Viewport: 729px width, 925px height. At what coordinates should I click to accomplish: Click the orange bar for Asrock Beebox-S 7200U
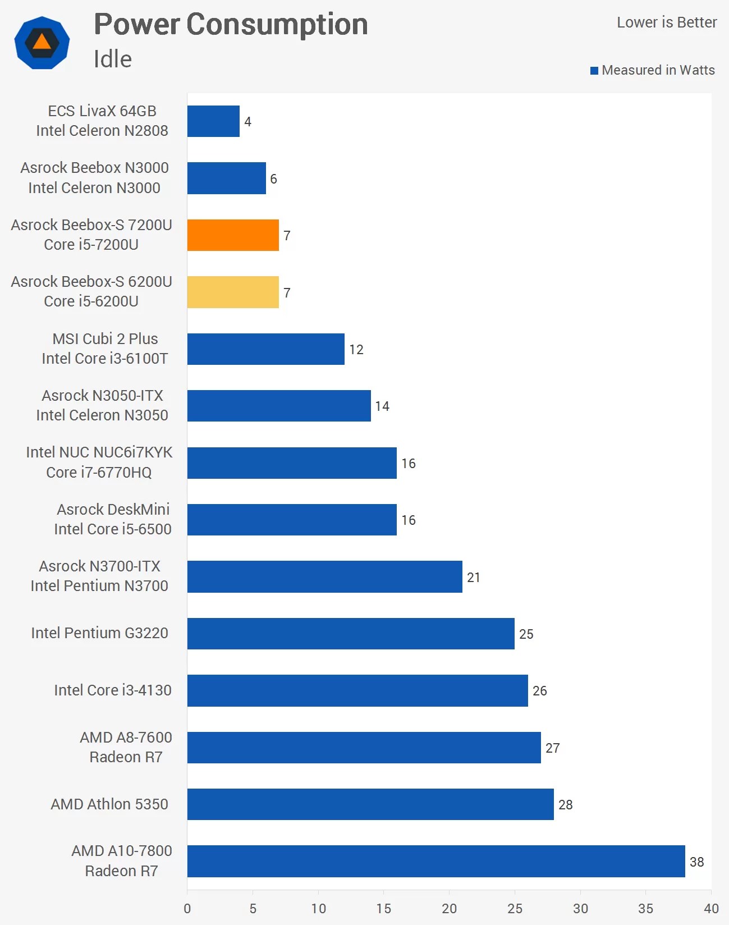[x=233, y=235]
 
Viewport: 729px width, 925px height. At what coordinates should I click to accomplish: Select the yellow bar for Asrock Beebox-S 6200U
[x=233, y=292]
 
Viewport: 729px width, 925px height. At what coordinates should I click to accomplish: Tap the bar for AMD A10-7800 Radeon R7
[x=435, y=861]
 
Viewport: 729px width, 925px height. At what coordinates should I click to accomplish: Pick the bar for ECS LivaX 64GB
[x=213, y=121]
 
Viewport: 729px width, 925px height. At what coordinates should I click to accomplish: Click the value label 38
[x=696, y=862]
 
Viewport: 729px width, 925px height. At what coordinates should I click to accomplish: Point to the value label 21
[x=474, y=577]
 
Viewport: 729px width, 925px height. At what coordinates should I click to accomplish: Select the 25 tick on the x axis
[x=515, y=908]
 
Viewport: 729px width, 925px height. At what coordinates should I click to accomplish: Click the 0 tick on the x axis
[x=187, y=908]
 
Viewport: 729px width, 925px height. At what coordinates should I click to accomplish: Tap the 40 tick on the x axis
[x=711, y=908]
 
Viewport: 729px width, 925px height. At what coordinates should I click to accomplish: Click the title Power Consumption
[x=231, y=25]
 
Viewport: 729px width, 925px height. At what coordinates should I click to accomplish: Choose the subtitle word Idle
[x=112, y=59]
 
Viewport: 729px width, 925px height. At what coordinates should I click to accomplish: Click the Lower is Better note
[x=667, y=22]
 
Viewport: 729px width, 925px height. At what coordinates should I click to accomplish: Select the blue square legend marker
[x=594, y=71]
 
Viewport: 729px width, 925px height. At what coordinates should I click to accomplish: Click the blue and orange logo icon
[x=42, y=43]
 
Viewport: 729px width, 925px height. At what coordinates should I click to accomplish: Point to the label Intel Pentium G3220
[x=99, y=633]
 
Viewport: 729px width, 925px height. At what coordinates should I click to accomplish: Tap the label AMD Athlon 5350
[x=109, y=804]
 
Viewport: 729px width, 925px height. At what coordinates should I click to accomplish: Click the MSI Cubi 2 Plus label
[x=105, y=339]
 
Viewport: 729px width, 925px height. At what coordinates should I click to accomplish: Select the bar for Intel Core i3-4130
[x=357, y=690]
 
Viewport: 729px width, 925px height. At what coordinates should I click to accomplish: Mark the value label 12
[x=356, y=350]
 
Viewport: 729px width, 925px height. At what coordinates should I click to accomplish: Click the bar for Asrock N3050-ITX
[x=279, y=406]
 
